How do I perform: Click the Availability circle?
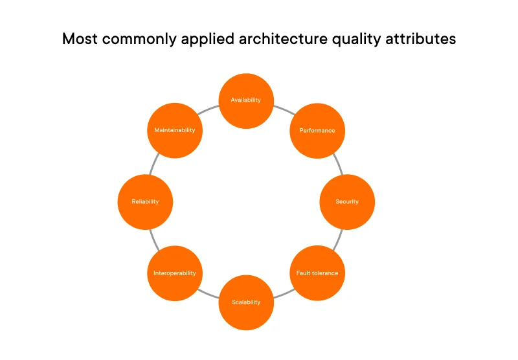(246, 100)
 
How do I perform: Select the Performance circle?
(317, 130)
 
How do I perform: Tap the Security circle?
(347, 201)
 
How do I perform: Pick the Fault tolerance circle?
(317, 273)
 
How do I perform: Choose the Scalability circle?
(246, 302)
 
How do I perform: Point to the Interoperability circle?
(175, 273)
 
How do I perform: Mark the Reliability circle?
(145, 201)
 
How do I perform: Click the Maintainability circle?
(175, 130)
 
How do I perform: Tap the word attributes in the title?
(423, 39)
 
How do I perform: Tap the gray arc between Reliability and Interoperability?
(153, 237)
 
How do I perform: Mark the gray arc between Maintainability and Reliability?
(153, 164)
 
